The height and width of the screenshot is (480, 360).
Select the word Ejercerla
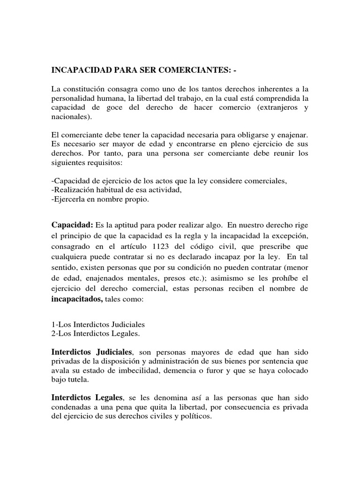tap(68, 200)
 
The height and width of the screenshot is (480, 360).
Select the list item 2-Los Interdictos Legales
tap(96, 334)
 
